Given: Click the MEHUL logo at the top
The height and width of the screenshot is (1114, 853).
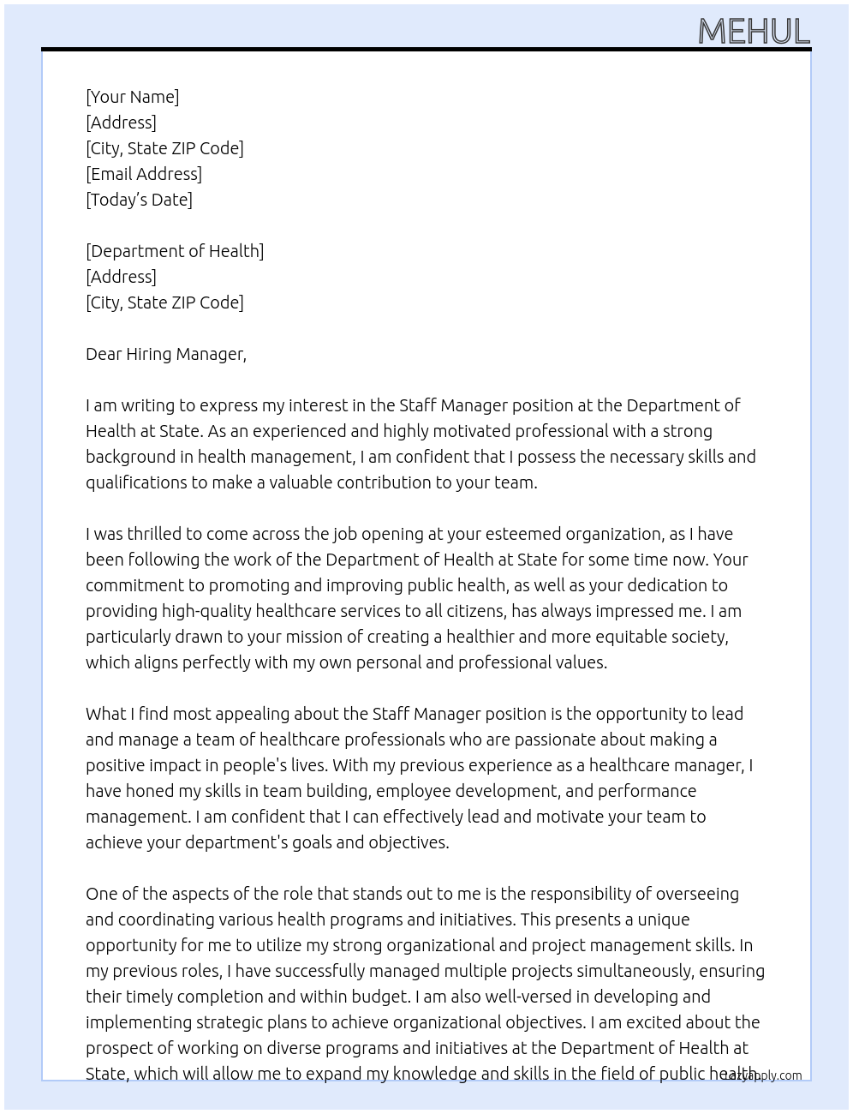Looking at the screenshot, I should tap(754, 32).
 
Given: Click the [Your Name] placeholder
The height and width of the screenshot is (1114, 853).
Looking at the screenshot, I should tap(132, 97).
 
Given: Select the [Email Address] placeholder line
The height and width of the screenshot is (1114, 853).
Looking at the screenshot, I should tap(144, 174).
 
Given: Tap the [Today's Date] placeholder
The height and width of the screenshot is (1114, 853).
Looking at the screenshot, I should tap(139, 200).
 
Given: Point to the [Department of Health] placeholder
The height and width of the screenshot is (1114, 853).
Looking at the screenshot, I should tap(175, 251).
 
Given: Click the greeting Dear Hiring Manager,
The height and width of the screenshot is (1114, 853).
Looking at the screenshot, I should tap(166, 354).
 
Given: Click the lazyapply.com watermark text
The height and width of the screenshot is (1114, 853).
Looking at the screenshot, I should tap(762, 1075).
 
